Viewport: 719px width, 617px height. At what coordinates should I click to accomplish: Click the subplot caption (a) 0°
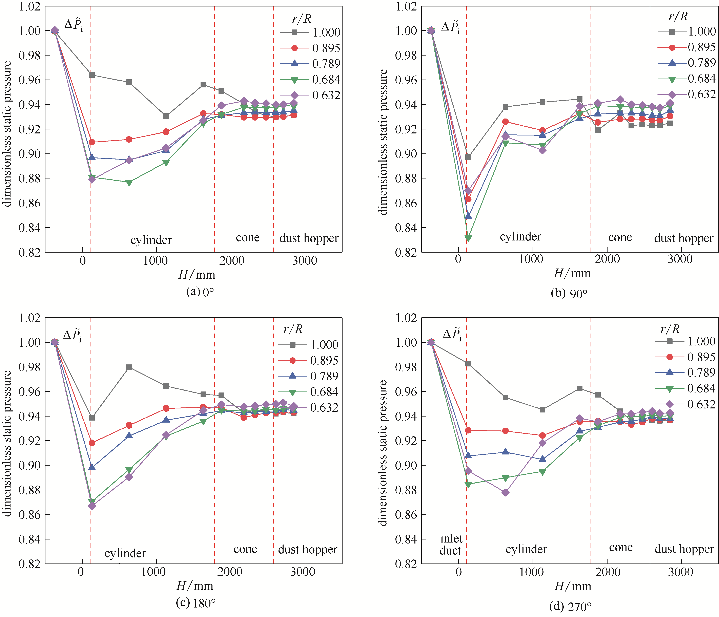200,292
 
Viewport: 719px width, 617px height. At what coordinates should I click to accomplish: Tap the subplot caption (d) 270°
570,606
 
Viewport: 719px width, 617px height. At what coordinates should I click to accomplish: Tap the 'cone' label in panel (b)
620,238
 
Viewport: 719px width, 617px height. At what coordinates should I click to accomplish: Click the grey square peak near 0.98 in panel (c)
129,367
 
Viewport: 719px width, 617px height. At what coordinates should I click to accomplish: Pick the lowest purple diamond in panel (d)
506,492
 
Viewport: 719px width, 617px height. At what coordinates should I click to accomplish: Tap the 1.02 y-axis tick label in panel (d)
406,318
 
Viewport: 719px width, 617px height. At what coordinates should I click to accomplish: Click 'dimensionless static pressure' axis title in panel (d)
382,453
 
